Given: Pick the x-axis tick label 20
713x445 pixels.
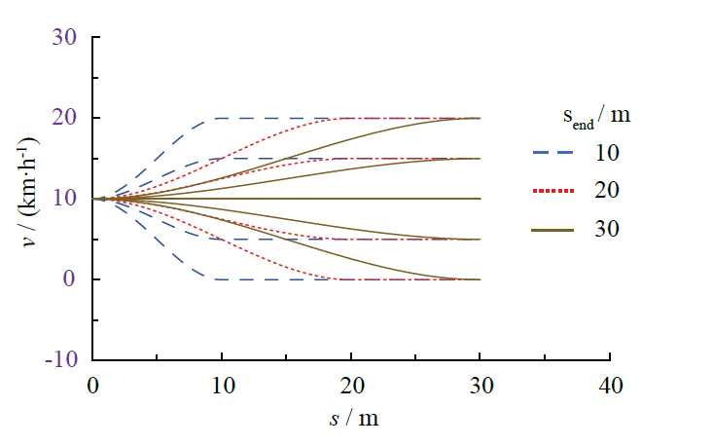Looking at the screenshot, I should click(351, 385).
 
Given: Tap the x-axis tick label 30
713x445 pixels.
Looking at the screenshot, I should click(481, 385).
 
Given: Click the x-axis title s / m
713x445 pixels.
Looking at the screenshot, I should click(353, 419).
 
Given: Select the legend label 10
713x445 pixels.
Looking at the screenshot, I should click(604, 153).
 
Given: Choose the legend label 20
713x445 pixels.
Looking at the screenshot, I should click(604, 191).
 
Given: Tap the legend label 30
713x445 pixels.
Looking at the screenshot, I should click(604, 229).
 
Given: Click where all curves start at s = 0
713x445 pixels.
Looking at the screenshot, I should click(93, 199).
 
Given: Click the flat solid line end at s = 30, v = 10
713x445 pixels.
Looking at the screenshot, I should click(481, 199).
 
